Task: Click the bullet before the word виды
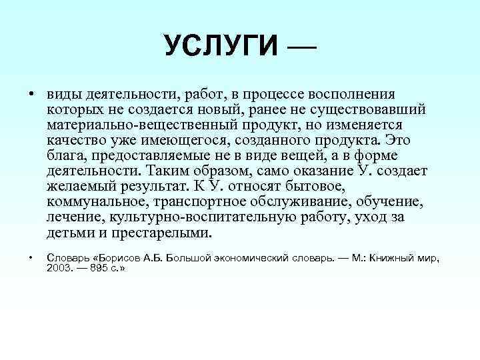(x=31, y=94)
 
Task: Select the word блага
(x=65, y=155)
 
